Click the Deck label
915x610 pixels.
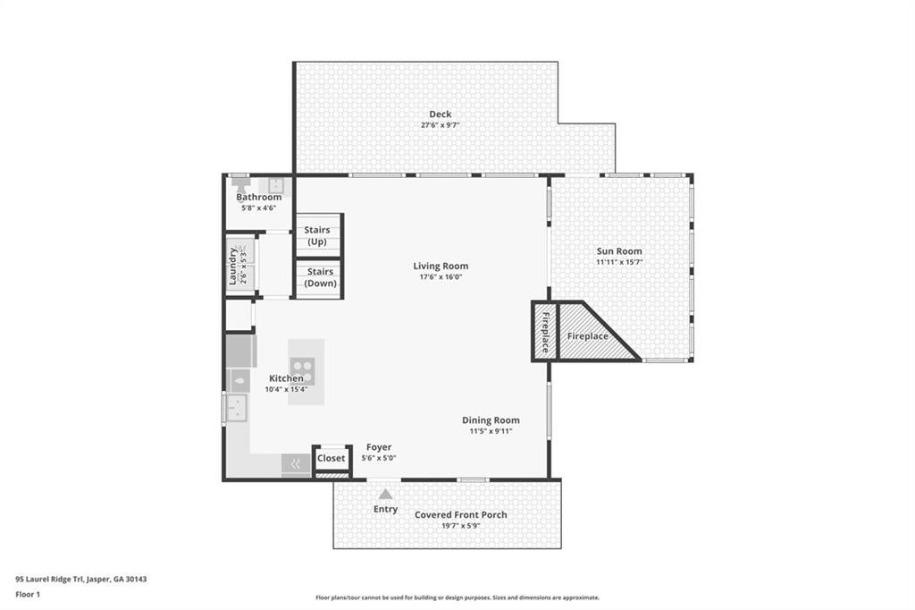[x=440, y=114]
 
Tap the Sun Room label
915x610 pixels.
[x=619, y=251]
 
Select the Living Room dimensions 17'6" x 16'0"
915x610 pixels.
[x=441, y=277]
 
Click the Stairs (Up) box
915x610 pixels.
[x=318, y=236]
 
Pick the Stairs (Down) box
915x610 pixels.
[x=319, y=278]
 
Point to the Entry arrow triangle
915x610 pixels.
[x=385, y=494]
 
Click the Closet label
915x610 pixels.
[x=331, y=459]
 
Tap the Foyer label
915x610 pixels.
[x=379, y=447]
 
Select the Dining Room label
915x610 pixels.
[x=491, y=420]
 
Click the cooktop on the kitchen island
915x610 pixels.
[x=303, y=368]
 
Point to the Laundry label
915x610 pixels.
[x=233, y=266]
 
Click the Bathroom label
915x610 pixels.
[x=259, y=197]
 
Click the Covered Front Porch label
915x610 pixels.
[x=460, y=514]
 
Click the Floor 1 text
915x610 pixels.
[x=29, y=594]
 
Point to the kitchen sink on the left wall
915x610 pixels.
[x=236, y=409]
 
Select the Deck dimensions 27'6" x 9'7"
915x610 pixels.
[x=440, y=125]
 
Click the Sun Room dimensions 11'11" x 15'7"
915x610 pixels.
[x=619, y=262]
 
